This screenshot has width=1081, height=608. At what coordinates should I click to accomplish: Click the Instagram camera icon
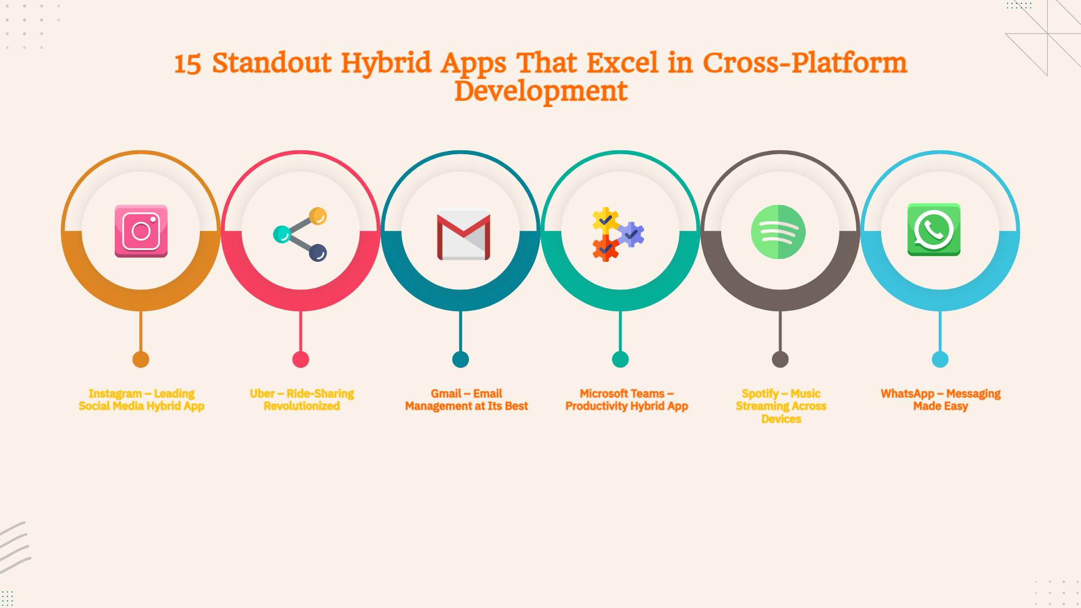pos(141,231)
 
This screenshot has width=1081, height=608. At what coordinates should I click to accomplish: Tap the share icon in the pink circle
pos(300,234)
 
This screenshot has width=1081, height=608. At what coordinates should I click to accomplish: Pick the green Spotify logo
pos(778,232)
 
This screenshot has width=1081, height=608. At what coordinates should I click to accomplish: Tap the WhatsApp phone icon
pos(933,230)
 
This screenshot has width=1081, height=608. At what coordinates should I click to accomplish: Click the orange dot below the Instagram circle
pos(141,359)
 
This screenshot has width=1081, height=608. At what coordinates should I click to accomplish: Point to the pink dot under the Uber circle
pos(301,359)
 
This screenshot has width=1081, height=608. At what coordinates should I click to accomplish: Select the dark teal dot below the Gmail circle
pos(461,359)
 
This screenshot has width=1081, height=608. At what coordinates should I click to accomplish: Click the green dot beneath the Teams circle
pos(620,359)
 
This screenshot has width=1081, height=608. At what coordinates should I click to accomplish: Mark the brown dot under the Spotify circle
pos(780,359)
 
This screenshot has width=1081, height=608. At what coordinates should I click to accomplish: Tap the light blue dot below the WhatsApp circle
pos(940,359)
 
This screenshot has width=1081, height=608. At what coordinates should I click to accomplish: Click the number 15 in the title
pos(187,64)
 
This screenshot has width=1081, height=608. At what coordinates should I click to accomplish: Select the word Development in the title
pos(540,91)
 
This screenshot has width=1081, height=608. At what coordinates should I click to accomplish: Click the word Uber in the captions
pos(262,394)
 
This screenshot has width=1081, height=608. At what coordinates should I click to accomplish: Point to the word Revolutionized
pos(302,406)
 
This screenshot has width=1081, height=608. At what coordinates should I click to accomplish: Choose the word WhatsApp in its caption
pos(907,394)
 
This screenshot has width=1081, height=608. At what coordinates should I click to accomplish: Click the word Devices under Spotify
pos(781,419)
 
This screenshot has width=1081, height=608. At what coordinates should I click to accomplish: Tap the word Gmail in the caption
pos(446,394)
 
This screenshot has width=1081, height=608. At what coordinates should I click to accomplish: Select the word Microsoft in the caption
pos(605,394)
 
